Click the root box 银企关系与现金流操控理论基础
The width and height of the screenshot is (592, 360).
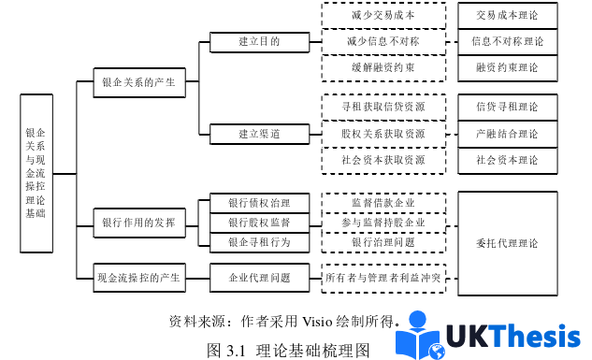(x=39, y=173)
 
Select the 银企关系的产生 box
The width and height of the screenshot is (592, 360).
(x=139, y=82)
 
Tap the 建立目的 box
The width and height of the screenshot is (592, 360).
(x=259, y=42)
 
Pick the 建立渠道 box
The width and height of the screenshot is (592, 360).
(x=259, y=134)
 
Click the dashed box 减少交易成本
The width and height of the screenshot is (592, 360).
(x=383, y=17)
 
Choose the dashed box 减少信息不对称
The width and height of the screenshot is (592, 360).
(x=383, y=42)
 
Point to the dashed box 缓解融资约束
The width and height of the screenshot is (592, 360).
(x=383, y=67)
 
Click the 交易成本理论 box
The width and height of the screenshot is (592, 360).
(x=507, y=17)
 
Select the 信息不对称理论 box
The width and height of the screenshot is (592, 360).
(x=507, y=42)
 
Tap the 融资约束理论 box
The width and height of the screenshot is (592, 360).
(x=507, y=67)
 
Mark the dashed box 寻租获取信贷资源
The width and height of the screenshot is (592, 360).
(x=383, y=108)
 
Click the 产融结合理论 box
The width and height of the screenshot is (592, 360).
(x=507, y=134)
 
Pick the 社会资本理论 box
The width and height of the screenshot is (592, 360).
(x=507, y=160)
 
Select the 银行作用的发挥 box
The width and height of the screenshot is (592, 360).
(x=139, y=223)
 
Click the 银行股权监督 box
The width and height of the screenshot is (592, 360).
(x=259, y=223)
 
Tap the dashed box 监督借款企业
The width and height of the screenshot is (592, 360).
(x=383, y=202)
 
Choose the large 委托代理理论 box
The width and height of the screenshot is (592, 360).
(x=507, y=243)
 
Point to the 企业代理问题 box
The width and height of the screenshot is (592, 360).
(x=259, y=278)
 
